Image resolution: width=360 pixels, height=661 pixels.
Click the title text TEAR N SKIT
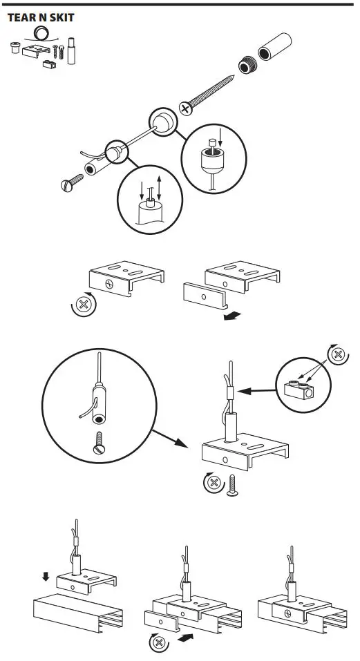pos(40,17)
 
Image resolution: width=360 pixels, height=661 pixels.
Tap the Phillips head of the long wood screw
pos(186,108)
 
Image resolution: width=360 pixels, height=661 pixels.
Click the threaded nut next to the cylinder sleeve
pos(247,67)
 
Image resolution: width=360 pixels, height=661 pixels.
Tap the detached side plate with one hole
pos(205,298)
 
